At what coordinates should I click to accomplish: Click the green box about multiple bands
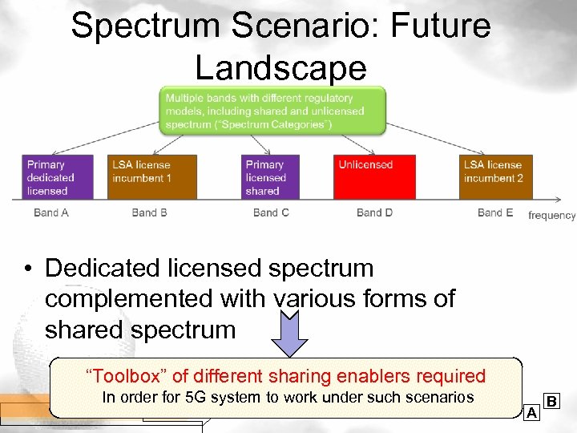pyautogui.click(x=273, y=111)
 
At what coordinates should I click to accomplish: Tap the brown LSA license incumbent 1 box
pyautogui.click(x=153, y=177)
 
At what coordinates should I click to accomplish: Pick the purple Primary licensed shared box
pyautogui.click(x=271, y=177)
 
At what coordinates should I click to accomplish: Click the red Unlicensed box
pyautogui.click(x=375, y=177)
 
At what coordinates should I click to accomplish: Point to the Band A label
pyautogui.click(x=51, y=212)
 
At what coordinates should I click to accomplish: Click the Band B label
pyautogui.click(x=149, y=212)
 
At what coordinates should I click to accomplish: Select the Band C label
pyautogui.click(x=271, y=212)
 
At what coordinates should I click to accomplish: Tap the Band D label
pyautogui.click(x=374, y=212)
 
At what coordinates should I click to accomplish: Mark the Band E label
pyautogui.click(x=495, y=212)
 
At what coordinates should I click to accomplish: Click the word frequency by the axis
pyautogui.click(x=551, y=215)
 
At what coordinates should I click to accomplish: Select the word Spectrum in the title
pyautogui.click(x=143, y=26)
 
